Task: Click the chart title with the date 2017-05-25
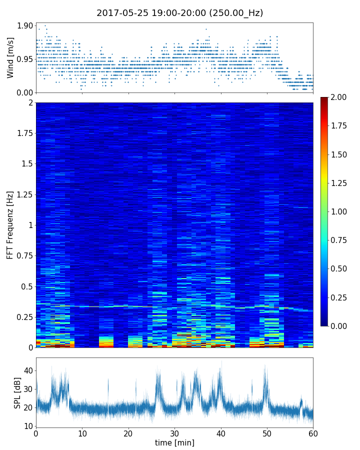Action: (x=179, y=13)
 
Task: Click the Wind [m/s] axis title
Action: (x=10, y=57)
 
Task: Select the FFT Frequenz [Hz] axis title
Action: (x=10, y=225)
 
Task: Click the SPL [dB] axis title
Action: (x=17, y=393)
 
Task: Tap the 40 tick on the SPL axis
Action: (x=28, y=370)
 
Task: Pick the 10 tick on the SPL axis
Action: (x=28, y=426)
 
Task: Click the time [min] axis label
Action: (x=174, y=442)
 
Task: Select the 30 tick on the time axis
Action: (x=174, y=433)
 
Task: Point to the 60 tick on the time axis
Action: (x=313, y=433)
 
